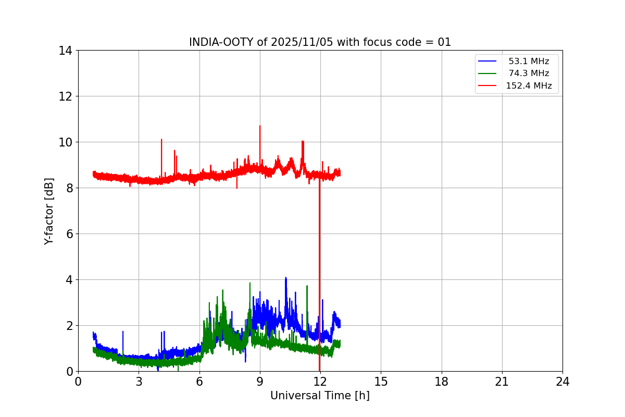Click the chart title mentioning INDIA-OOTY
point(320,42)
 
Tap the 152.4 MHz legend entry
point(529,86)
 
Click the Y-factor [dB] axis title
point(49,211)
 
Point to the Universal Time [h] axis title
point(320,396)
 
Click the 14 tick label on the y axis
point(65,51)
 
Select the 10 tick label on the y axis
point(65,142)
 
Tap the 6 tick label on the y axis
point(68,234)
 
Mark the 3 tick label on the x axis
point(139,382)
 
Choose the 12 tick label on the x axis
point(320,382)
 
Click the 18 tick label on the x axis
point(441,382)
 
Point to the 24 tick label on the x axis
point(562,382)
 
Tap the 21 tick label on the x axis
point(502,382)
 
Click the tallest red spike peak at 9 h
point(260,126)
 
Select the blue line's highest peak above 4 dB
point(285,278)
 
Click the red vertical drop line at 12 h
point(319,271)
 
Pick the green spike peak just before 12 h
point(307,286)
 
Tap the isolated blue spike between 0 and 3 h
point(123,332)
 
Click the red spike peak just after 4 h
point(161,140)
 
